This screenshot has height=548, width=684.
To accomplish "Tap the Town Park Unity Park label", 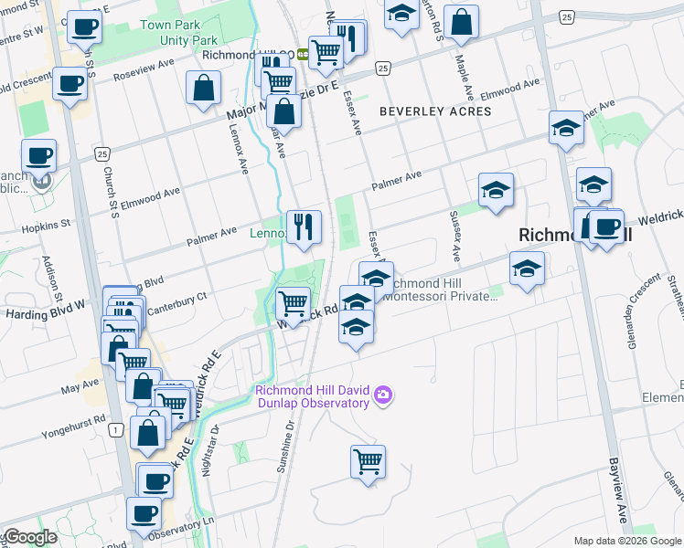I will tap(178, 33).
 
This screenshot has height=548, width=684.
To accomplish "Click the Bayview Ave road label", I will tap(620, 493).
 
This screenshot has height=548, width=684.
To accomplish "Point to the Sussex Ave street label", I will tap(454, 232).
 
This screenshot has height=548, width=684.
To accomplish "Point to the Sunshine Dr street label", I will tap(283, 447).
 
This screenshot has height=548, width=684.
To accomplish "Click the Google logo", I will tap(30, 537).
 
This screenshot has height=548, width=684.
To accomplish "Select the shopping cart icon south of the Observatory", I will tap(368, 462).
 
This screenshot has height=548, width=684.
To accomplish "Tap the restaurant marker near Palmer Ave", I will tap(305, 226).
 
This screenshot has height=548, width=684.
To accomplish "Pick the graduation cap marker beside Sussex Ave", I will tap(496, 190).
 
